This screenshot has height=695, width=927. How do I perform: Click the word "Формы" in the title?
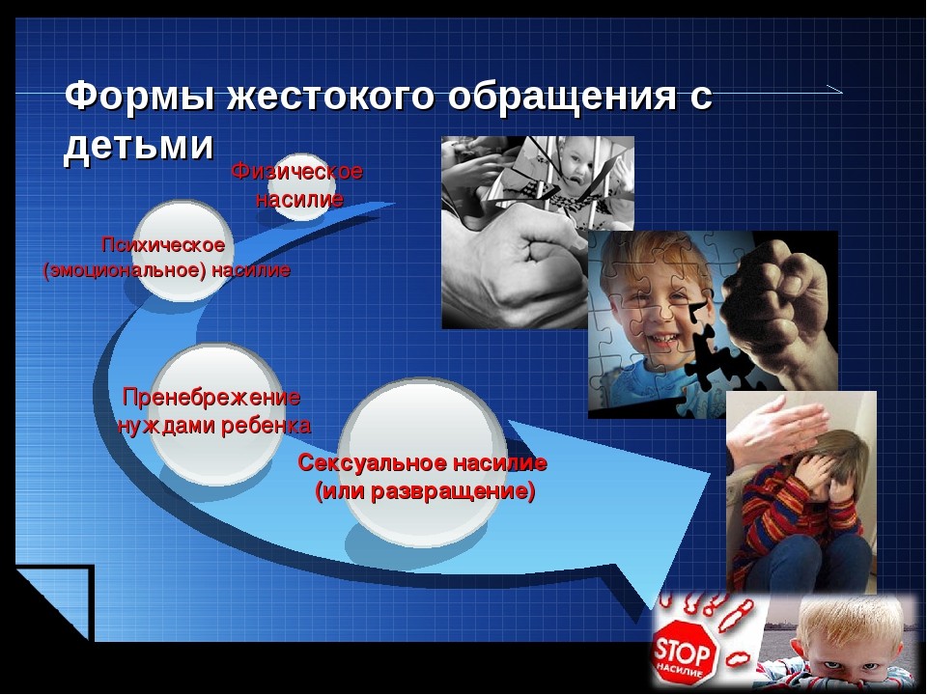click(x=140, y=96)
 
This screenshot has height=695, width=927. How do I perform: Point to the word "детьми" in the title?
click(x=138, y=145)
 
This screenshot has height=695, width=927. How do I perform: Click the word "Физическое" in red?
click(x=296, y=172)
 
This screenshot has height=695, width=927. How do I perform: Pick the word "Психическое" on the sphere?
click(x=163, y=244)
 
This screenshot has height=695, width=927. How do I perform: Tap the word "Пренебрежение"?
click(x=211, y=397)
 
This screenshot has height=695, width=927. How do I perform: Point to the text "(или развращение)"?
click(x=425, y=491)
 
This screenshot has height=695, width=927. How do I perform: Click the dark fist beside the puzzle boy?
click(x=780, y=307)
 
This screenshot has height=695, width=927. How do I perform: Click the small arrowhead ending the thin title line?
click(x=834, y=90)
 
